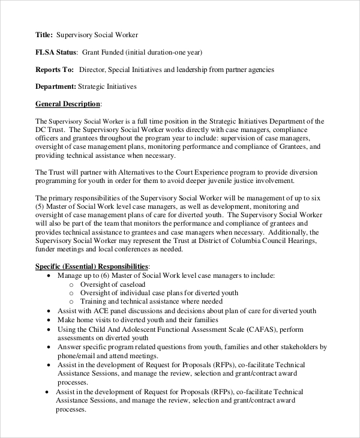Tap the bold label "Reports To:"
click(x=55, y=70)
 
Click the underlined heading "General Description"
click(x=68, y=104)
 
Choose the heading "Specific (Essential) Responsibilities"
click(x=91, y=266)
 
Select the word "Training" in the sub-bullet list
click(x=93, y=301)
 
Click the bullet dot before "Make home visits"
click(x=49, y=320)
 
